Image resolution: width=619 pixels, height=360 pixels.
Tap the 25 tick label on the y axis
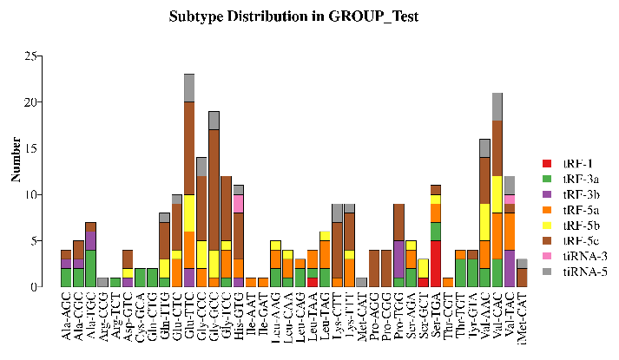pyautogui.click(x=31, y=56)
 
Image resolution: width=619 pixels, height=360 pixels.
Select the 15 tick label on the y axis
pyautogui.click(x=31, y=148)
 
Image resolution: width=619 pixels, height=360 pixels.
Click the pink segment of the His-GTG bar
pyautogui.click(x=239, y=204)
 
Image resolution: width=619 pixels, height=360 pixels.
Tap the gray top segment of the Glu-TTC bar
pyautogui.click(x=188, y=88)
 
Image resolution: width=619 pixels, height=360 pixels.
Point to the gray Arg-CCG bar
pyautogui.click(x=102, y=282)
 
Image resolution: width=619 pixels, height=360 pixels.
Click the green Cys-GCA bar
pyautogui.click(x=139, y=277)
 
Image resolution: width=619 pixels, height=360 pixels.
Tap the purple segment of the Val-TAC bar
pyautogui.click(x=510, y=268)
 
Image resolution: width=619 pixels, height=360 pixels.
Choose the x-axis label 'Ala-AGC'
pyautogui.click(x=66, y=318)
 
